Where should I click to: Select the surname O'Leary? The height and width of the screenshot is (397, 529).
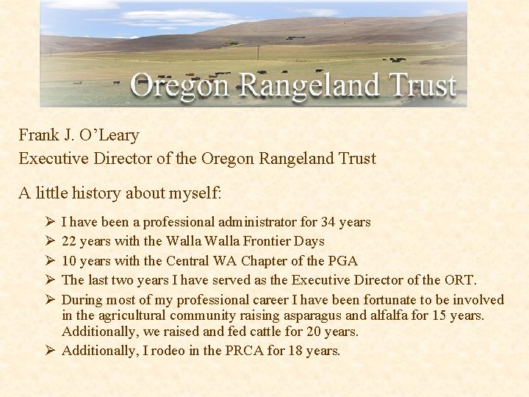click(x=109, y=135)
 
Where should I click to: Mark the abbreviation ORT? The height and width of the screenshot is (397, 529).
click(x=460, y=280)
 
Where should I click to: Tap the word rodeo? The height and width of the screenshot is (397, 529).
click(x=170, y=351)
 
